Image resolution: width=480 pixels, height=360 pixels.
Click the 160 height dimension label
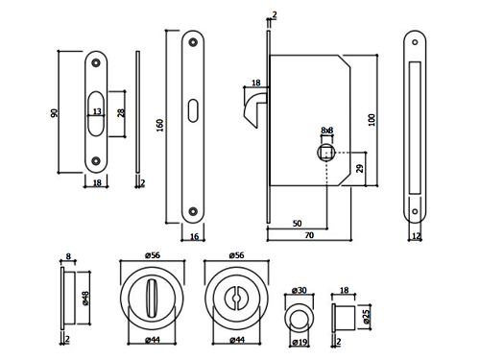tap(160, 125)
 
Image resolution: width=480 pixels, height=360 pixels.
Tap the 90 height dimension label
tap(55, 113)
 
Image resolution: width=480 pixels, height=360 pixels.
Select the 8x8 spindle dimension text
tap(327, 131)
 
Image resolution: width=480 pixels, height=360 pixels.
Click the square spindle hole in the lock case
tap(326, 153)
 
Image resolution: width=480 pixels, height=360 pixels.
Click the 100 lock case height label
tap(372, 120)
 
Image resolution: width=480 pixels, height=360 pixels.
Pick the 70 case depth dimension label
tap(309, 235)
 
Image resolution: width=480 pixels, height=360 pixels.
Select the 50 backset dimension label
tap(298, 224)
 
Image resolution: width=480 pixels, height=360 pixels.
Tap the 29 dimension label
tap(360, 169)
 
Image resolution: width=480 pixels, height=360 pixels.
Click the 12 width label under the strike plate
tap(416, 236)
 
